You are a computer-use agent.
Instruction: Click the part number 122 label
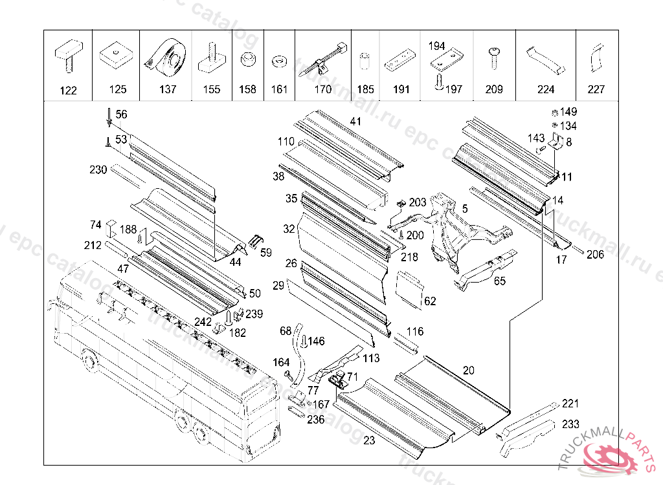pos(68,91)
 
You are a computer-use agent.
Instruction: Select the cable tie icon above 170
pos(322,60)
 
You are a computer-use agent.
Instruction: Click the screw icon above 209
pos(494,58)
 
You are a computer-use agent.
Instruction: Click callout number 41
pos(356,121)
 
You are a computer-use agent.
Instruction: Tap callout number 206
pos(595,255)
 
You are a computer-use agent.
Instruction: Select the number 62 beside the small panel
pos(430,301)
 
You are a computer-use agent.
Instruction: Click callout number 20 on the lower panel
pos(469,370)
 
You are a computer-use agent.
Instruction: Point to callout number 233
pos(570,425)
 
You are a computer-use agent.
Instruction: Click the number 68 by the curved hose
pos(286,331)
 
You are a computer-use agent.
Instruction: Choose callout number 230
pos(98,170)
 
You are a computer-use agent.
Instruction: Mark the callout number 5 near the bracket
pos(464,208)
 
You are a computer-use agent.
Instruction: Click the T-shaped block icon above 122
pos(67,57)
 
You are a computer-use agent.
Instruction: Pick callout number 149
pos(568,112)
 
